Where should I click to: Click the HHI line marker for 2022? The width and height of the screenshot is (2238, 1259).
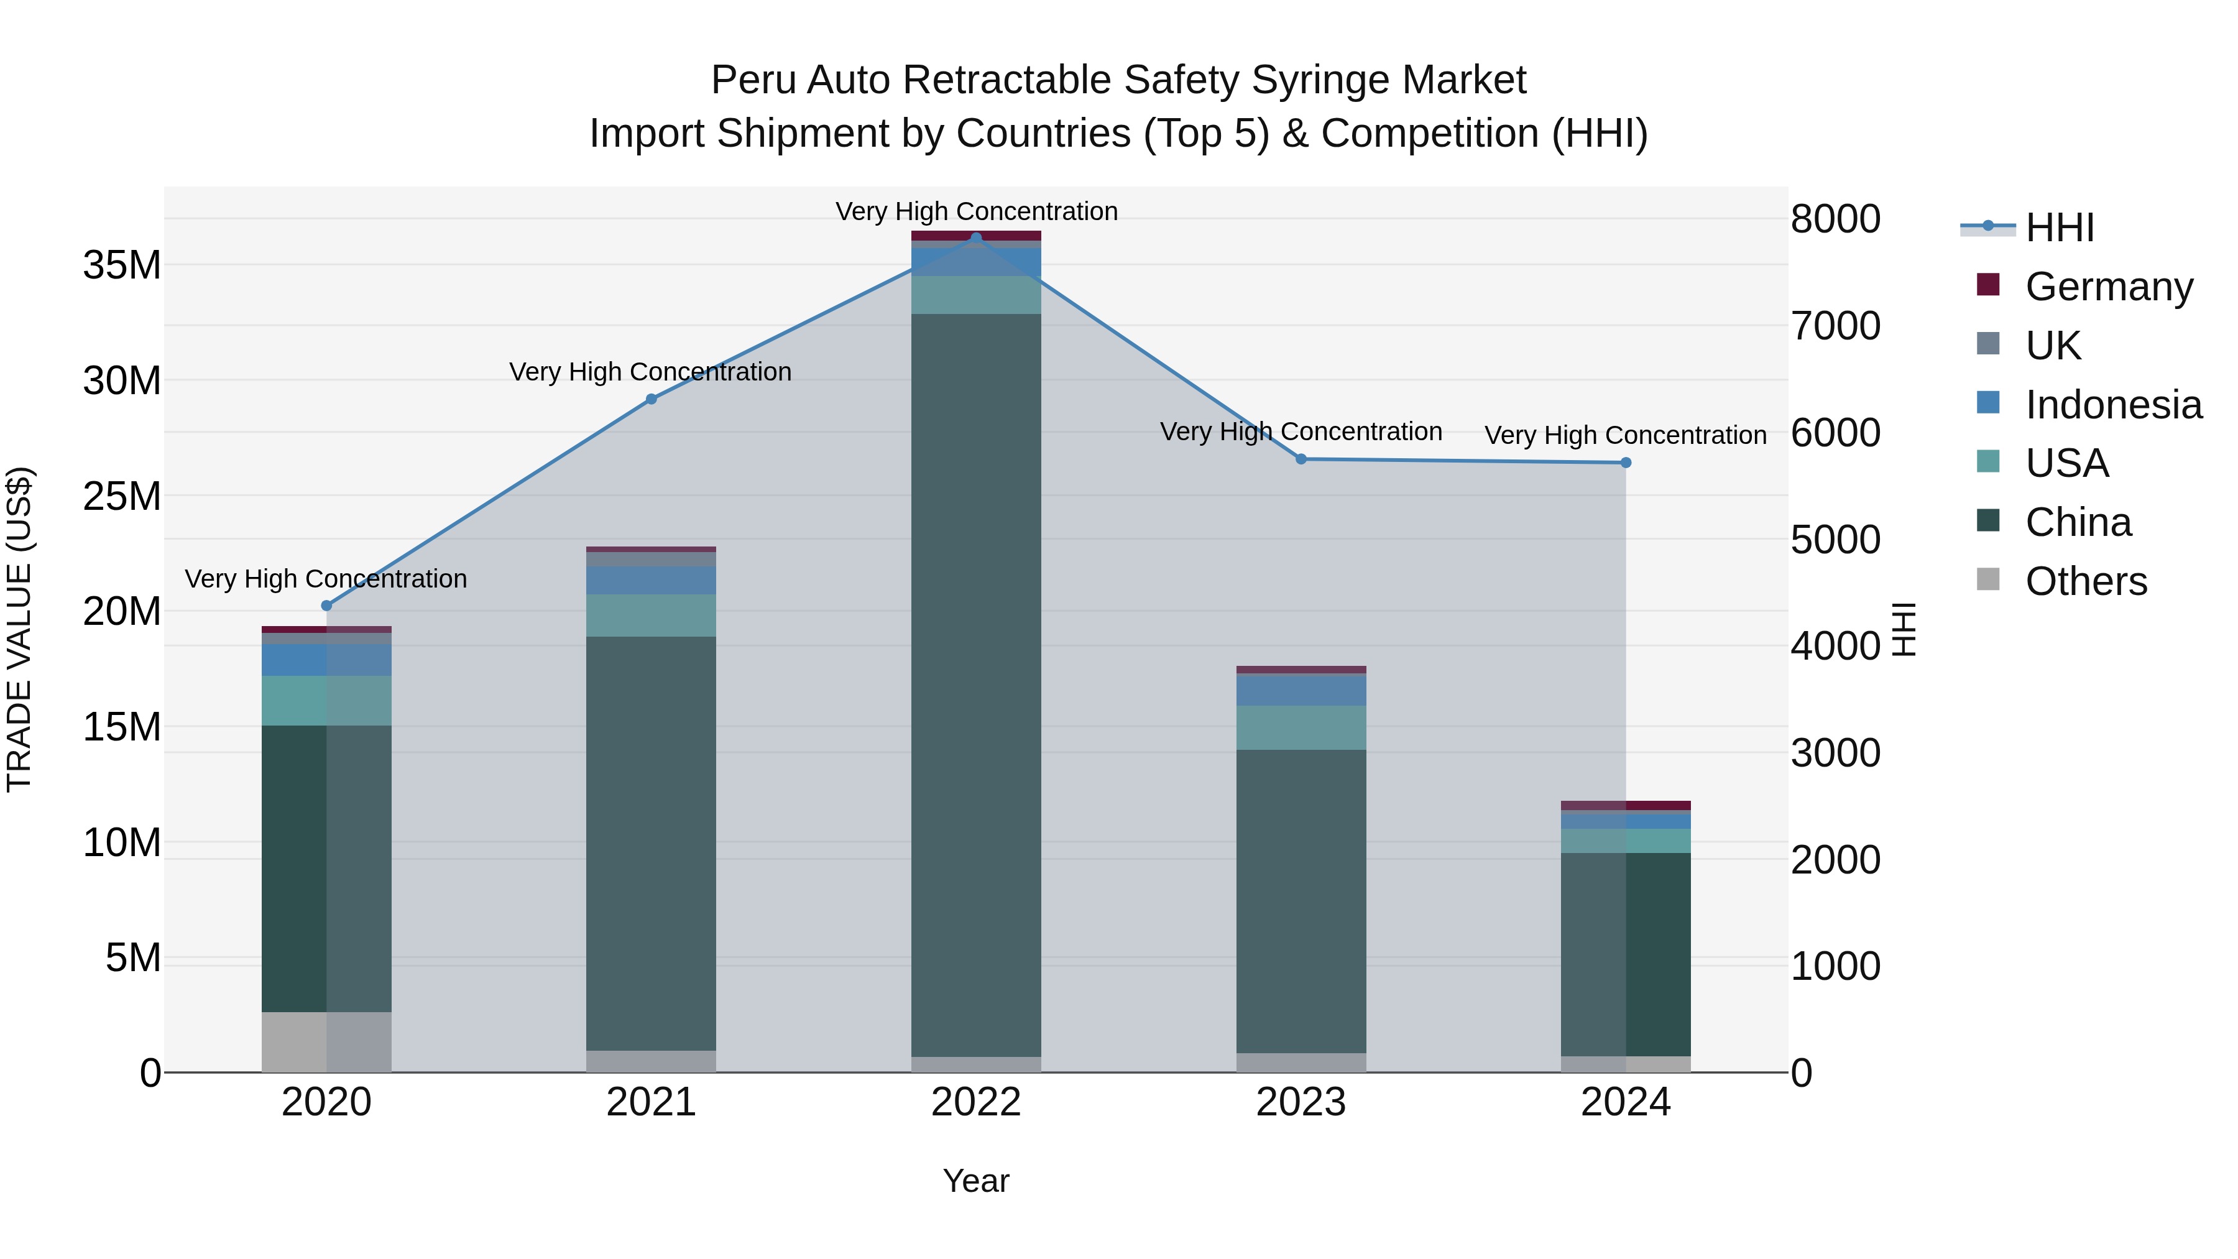pos(975,238)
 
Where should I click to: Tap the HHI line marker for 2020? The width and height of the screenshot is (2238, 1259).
pos(326,606)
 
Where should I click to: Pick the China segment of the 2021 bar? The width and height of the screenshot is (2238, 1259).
pos(651,843)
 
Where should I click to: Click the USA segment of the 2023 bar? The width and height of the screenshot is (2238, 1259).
pos(1301,727)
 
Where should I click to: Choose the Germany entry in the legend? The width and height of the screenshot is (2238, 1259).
pos(2109,287)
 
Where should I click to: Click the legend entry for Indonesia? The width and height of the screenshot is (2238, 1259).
pos(2113,405)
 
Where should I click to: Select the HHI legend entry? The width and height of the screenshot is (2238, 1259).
pos(2059,228)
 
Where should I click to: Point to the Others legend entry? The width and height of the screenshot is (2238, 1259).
pos(2085,581)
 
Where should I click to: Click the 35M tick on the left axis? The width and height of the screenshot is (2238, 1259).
pos(122,265)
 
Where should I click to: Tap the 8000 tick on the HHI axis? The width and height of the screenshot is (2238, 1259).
pos(1835,219)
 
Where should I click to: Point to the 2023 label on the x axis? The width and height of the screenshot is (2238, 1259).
pos(1301,1102)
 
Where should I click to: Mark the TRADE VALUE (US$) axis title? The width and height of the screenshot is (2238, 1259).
pos(19,629)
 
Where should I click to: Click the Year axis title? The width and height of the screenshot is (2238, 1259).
pos(975,1181)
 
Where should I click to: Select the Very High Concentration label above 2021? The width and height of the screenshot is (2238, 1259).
pos(651,372)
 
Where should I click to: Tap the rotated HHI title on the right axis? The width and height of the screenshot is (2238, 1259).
pos(1904,629)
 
